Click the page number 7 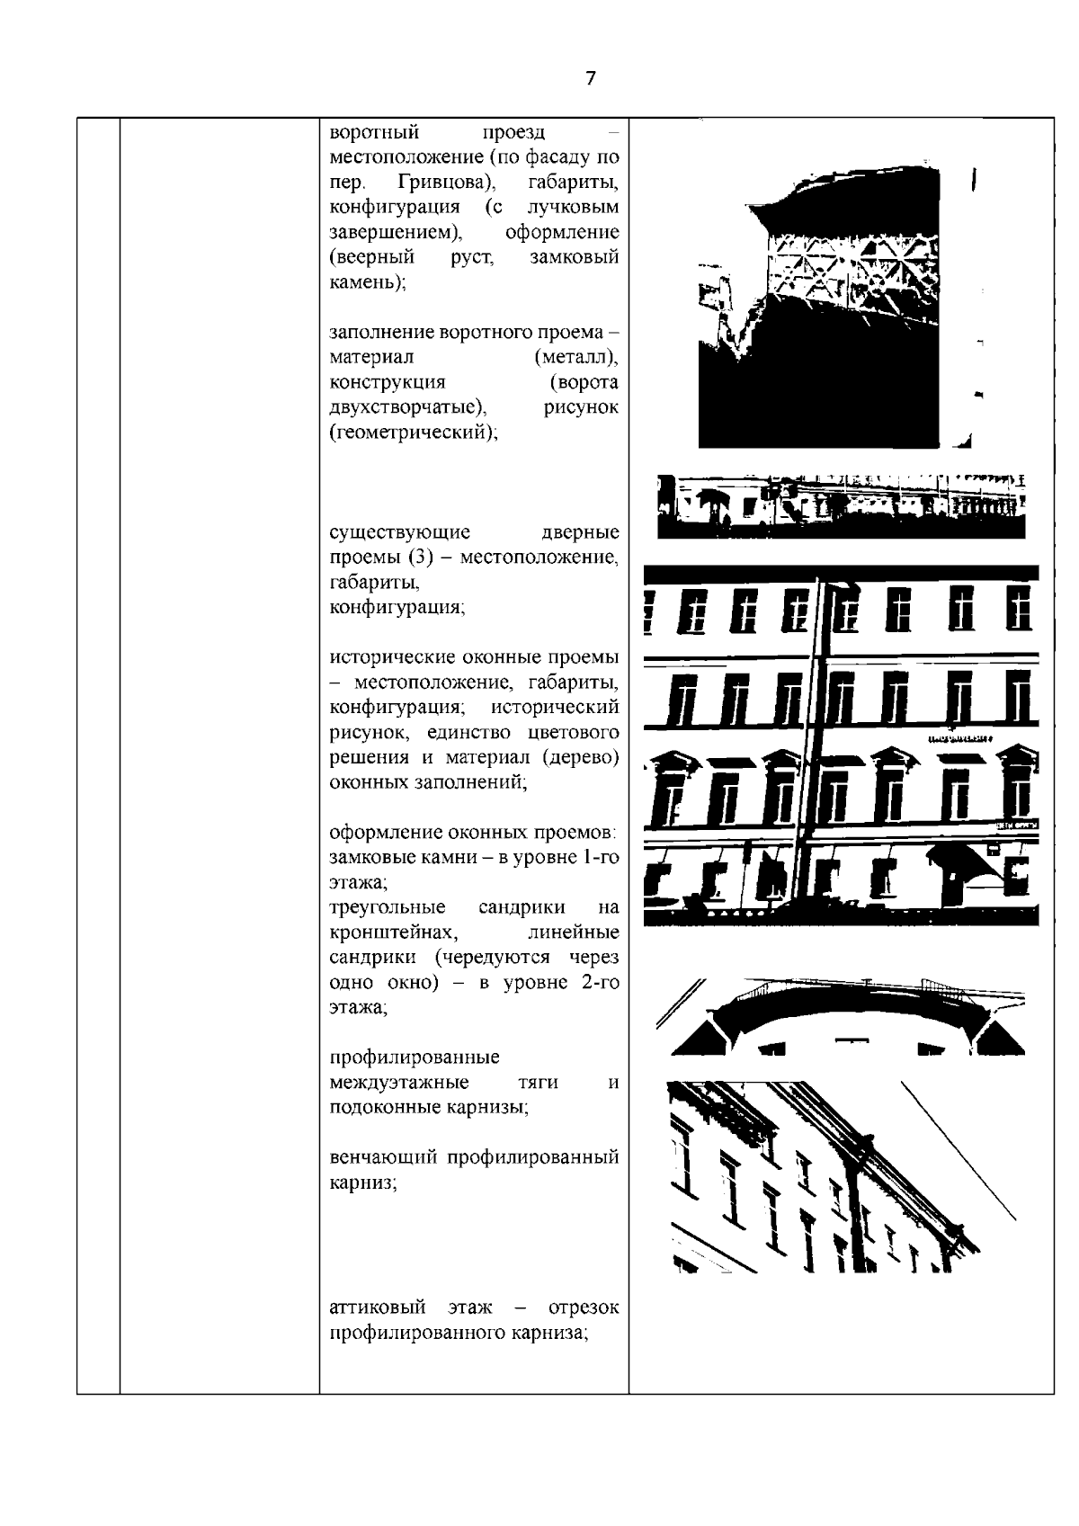coord(590,78)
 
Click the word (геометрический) coord(414,432)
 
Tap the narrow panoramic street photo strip coord(841,506)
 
